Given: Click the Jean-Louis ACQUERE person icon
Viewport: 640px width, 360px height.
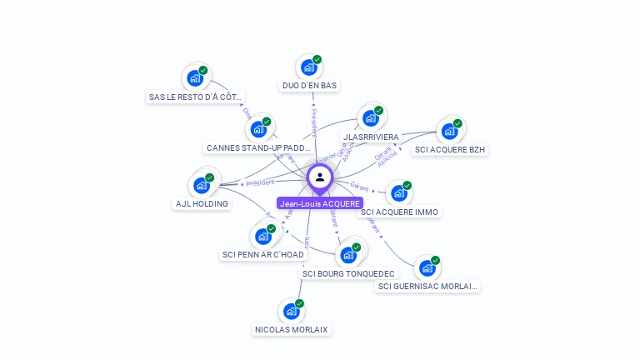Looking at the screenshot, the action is point(320,177).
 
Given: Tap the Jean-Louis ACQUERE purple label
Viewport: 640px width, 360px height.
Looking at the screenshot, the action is point(320,203).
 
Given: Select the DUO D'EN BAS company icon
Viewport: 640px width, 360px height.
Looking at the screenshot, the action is point(309,67).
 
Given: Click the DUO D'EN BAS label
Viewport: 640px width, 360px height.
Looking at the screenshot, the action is point(311,85).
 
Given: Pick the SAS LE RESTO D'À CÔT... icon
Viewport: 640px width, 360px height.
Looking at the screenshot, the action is point(195,78).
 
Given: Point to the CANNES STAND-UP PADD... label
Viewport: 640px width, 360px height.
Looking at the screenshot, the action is point(259,148).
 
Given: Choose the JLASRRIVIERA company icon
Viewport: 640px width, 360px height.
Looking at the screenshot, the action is point(371,118).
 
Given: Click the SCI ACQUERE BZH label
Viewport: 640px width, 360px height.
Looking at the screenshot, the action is point(450,150).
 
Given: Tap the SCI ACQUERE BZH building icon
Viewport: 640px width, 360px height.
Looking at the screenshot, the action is point(449,131).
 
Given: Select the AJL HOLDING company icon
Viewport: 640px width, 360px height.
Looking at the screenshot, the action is point(202,185).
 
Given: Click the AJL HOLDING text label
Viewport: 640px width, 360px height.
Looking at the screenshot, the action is point(202,203).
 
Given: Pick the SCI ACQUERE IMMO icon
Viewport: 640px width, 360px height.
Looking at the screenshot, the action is point(399,193).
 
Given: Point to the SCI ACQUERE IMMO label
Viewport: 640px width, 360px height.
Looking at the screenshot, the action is point(400,212).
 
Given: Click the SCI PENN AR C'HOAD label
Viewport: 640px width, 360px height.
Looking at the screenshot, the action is point(263,254).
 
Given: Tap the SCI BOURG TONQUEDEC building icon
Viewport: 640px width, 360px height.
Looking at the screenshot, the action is point(348,255).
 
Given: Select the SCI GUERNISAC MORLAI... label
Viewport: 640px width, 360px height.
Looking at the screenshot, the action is point(428,287).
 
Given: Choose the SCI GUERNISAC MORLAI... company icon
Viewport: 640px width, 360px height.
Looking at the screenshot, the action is point(427,268).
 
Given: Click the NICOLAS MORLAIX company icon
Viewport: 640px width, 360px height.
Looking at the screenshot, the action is point(292,312).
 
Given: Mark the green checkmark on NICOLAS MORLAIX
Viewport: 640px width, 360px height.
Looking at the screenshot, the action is point(300,303).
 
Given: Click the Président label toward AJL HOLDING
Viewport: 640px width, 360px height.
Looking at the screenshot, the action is point(260,182).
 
